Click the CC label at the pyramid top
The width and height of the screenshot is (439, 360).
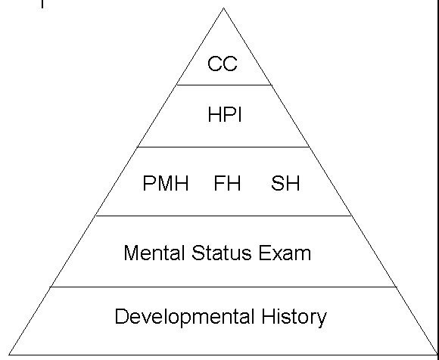(x=223, y=64)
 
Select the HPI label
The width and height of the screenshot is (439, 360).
(x=225, y=115)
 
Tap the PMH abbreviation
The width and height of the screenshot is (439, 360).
(x=166, y=183)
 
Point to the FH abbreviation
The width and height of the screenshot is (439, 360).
(x=227, y=183)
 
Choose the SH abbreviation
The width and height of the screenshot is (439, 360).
(x=285, y=183)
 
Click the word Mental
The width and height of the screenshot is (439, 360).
(x=154, y=253)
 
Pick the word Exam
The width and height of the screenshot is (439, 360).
(x=285, y=253)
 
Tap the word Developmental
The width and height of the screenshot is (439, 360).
(x=185, y=318)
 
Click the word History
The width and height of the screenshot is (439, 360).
(x=294, y=318)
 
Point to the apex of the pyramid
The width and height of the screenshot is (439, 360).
(x=223, y=8)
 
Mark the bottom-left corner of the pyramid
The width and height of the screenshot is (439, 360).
(x=9, y=355)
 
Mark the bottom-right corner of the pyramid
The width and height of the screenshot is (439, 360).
(x=437, y=355)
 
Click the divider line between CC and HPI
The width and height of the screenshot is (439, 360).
(x=224, y=85)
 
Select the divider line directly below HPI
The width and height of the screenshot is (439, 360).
(x=223, y=147)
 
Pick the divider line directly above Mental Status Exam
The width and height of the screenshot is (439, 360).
(x=223, y=216)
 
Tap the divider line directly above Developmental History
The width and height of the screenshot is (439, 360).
(x=223, y=287)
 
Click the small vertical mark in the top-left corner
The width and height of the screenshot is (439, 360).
(x=42, y=4)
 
